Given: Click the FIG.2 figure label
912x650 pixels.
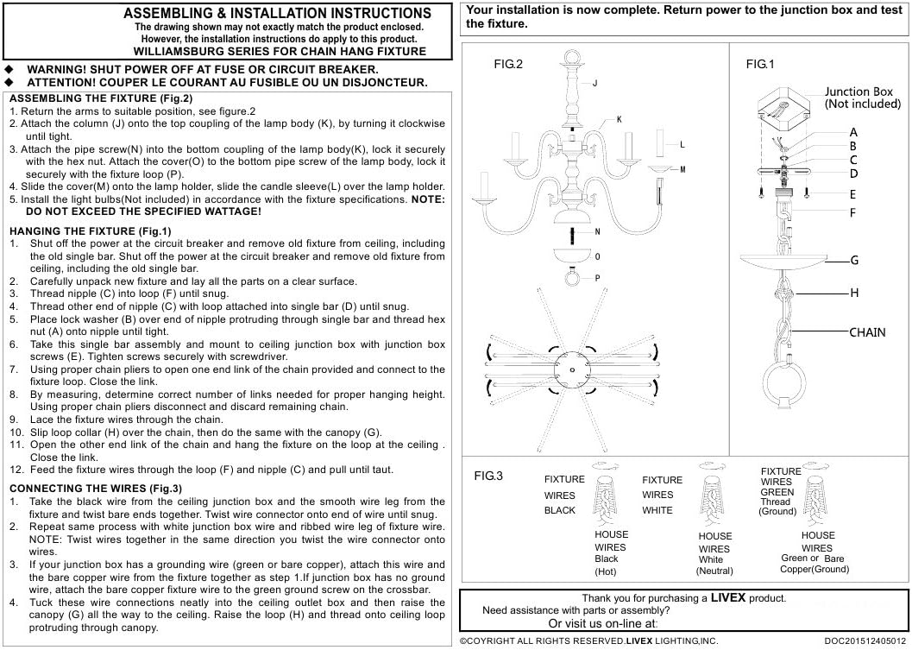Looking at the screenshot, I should (508, 65).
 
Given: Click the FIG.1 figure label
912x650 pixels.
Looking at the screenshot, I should (760, 65).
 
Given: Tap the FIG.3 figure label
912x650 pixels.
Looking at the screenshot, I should (488, 476).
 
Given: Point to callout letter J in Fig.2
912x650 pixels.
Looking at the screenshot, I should (595, 84).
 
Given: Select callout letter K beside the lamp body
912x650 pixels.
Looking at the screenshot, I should (619, 119).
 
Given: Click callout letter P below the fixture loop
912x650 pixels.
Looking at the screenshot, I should (598, 277).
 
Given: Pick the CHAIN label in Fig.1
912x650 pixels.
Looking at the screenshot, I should (867, 332).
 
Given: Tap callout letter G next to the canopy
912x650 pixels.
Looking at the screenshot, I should (854, 260).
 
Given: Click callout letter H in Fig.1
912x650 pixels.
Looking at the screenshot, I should (854, 293).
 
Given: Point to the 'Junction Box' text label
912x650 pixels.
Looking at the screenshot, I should (859, 92).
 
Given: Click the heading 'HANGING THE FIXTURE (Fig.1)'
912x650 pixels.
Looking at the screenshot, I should (90, 231).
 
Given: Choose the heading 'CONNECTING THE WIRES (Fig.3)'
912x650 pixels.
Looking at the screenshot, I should (95, 489).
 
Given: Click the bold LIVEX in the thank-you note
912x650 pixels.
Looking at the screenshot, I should (728, 597).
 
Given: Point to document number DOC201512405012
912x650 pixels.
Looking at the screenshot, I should (865, 641).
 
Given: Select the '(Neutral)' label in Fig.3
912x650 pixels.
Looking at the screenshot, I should (714, 571).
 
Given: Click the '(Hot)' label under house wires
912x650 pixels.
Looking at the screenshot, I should (607, 571).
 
